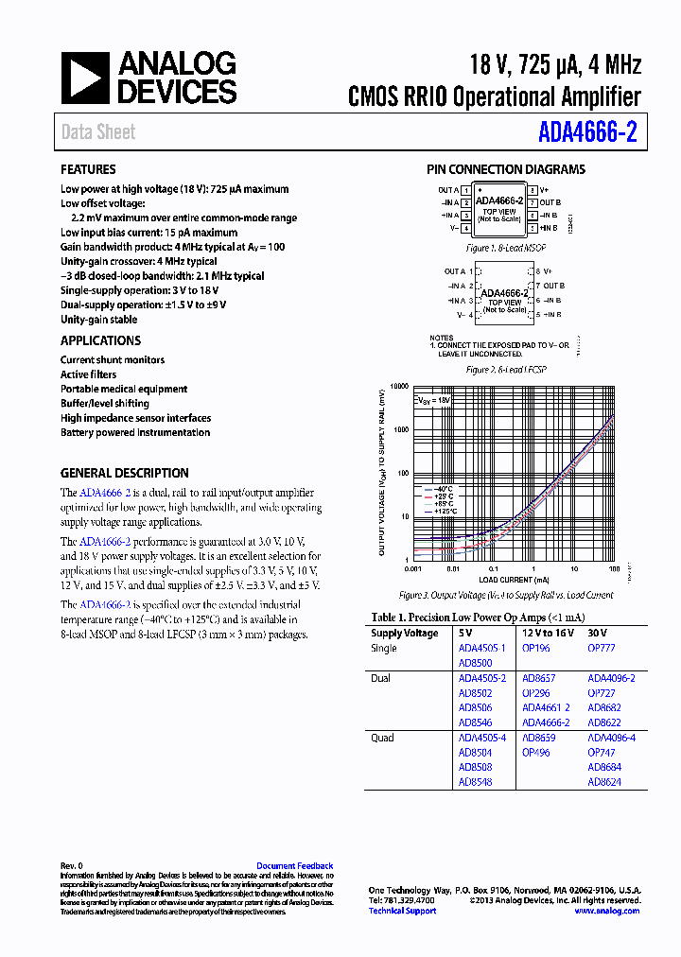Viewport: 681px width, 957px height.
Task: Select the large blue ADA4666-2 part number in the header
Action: tap(588, 132)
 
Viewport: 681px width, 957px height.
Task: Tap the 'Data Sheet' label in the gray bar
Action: tap(98, 132)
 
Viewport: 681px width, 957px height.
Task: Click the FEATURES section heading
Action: tap(89, 169)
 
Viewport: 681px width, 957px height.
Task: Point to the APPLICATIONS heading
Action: tap(101, 340)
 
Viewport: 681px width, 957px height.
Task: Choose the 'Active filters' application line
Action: tap(89, 374)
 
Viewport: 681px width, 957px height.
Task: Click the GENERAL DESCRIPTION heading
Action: tap(125, 473)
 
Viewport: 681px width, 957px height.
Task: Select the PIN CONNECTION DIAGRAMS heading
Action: tap(505, 169)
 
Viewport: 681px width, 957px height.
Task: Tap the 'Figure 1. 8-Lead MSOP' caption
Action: tap(505, 248)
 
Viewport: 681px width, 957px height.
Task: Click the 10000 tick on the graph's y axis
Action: tap(397, 387)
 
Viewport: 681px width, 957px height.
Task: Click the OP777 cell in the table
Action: tap(601, 648)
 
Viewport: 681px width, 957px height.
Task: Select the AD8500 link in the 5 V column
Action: tap(475, 663)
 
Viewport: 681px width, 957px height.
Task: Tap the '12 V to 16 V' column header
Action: tap(549, 633)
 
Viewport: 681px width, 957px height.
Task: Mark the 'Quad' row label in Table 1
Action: tap(383, 737)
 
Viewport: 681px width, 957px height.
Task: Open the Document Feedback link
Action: tap(294, 865)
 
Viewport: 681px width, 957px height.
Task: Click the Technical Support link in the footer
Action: tap(402, 911)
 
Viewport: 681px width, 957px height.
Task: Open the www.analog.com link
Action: tap(606, 911)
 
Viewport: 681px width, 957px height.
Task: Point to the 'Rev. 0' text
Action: tap(72, 865)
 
